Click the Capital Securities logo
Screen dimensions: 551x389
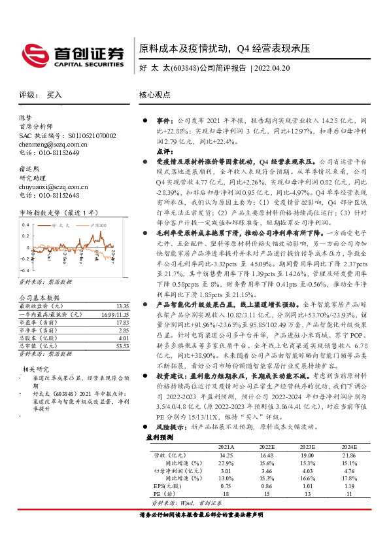tap(73, 56)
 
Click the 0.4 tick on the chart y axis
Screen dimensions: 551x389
tap(25, 224)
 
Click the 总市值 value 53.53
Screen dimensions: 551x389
tap(122, 345)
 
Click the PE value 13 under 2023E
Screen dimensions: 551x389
tap(307, 494)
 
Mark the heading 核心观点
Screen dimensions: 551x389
tap(155, 95)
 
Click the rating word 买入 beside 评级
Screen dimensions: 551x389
tap(54, 95)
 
